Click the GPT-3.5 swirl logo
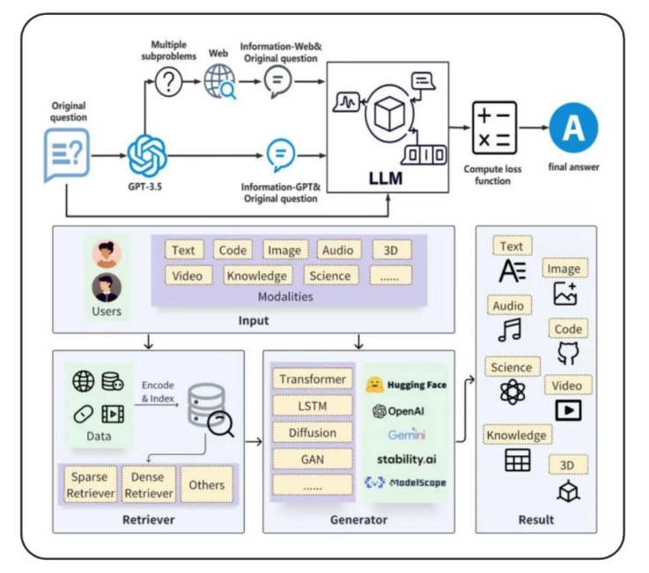click(x=147, y=156)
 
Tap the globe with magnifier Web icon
click(x=220, y=82)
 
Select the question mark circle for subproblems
click(x=168, y=82)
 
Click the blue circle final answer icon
click(x=573, y=128)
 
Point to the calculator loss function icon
click(x=494, y=128)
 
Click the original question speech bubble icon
click(x=67, y=155)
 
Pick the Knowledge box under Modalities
click(x=257, y=275)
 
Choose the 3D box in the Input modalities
click(x=391, y=250)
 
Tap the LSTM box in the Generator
click(x=313, y=406)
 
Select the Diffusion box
click(x=313, y=433)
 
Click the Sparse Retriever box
click(x=91, y=484)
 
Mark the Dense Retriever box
click(x=149, y=484)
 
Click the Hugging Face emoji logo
click(x=373, y=385)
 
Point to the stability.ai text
click(x=407, y=459)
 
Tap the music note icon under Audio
click(x=510, y=330)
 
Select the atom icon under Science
click(x=513, y=392)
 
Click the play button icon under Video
click(x=568, y=410)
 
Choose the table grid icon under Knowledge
click(x=518, y=460)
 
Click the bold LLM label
click(x=386, y=179)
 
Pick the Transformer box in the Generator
click(x=313, y=379)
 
